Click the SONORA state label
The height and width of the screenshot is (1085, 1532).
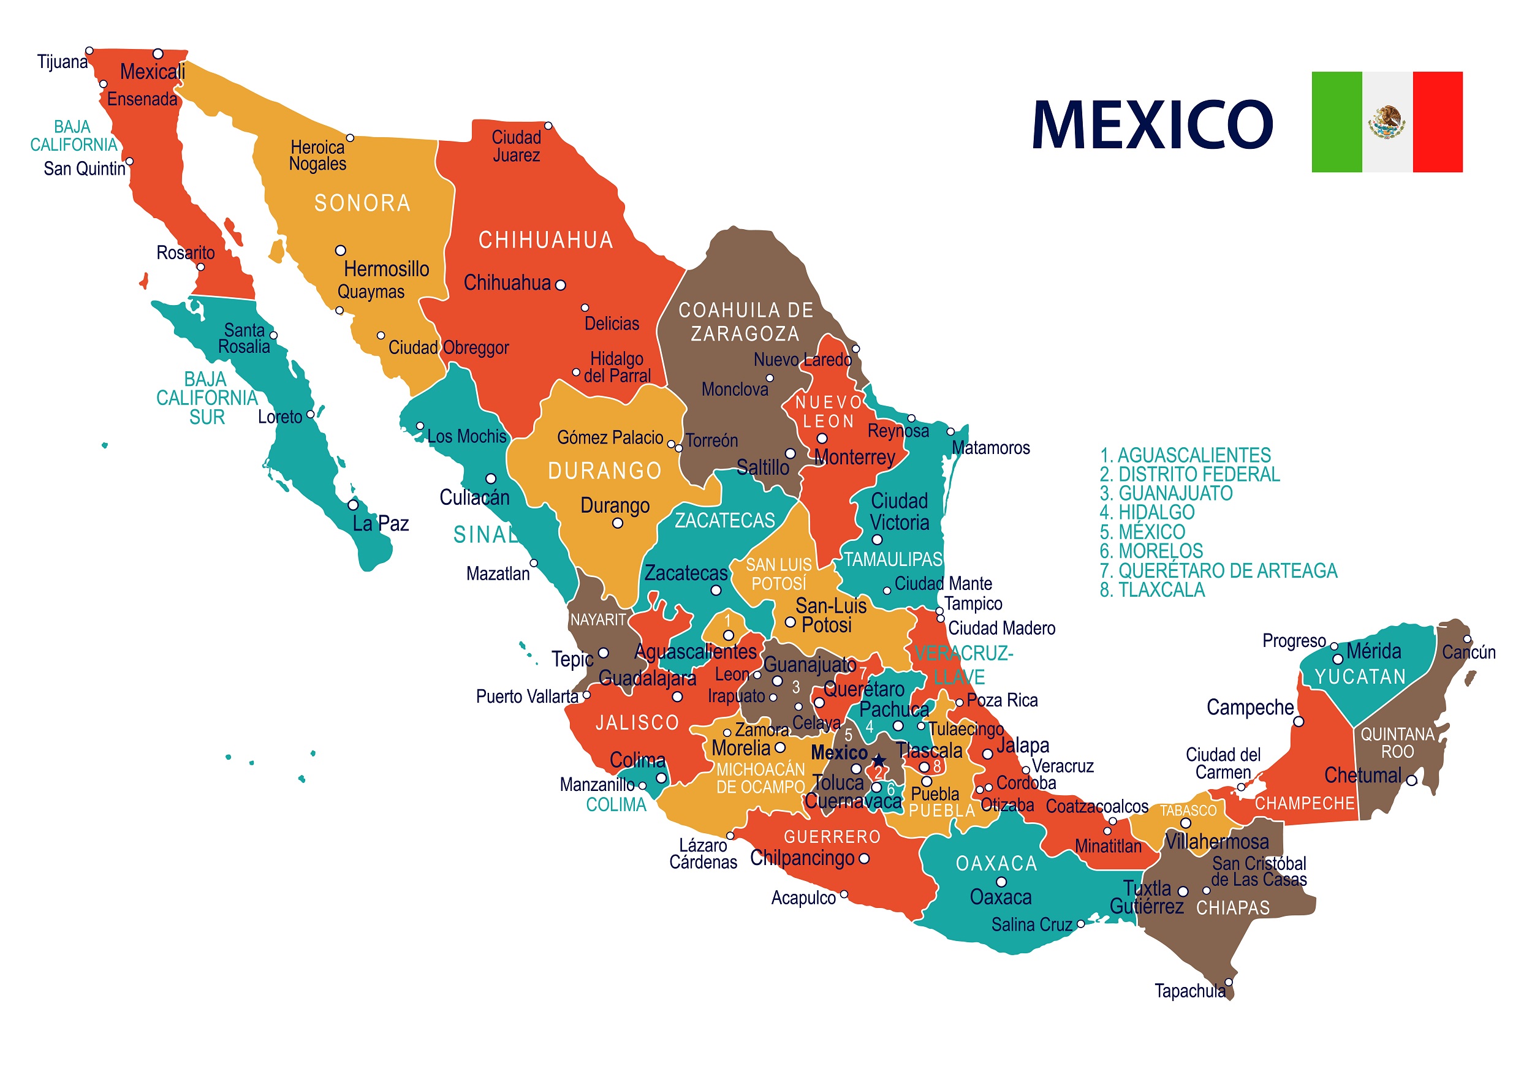click(362, 203)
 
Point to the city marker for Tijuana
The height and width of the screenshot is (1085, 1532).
click(89, 51)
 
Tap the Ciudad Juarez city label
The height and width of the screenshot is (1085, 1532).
click(516, 146)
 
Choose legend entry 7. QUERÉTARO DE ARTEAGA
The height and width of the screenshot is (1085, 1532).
click(1218, 570)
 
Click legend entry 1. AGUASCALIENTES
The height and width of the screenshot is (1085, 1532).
click(1185, 455)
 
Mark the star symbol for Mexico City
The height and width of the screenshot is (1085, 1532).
click(879, 760)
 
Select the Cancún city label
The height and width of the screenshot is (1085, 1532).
click(1468, 652)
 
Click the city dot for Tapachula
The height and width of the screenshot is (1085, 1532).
click(1228, 982)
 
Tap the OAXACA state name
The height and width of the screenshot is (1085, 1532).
click(996, 864)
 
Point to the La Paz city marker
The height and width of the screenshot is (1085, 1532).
click(353, 505)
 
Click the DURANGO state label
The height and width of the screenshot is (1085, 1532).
click(605, 471)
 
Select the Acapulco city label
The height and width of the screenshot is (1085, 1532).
click(803, 898)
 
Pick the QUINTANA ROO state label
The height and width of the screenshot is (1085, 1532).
click(1397, 743)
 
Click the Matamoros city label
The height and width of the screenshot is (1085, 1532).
click(990, 448)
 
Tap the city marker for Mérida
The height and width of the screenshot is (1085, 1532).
click(1338, 659)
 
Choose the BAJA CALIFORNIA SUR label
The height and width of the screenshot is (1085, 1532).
click(207, 398)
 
